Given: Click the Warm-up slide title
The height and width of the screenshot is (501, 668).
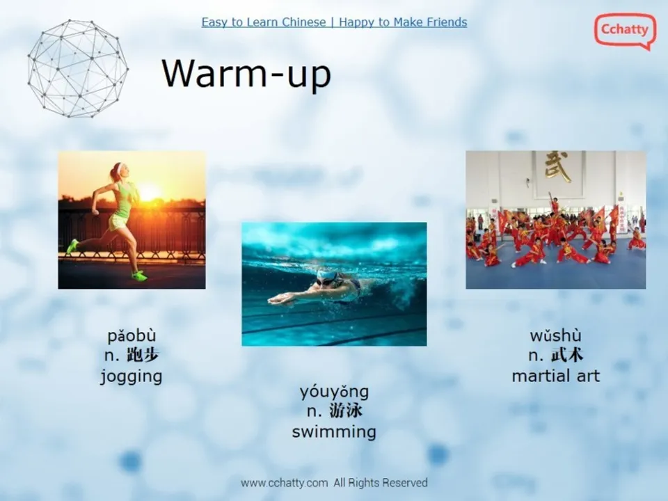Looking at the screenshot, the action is point(246,74).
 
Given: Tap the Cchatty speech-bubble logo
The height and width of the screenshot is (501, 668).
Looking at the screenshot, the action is point(625,31).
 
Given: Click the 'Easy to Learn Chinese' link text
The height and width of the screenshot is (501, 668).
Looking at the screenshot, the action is point(263,22).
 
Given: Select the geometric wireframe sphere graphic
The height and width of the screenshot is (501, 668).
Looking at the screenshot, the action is point(78,68).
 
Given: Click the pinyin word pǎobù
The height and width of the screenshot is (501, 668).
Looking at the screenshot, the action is point(132,336).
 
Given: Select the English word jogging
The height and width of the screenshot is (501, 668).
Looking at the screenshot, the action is point(132,376).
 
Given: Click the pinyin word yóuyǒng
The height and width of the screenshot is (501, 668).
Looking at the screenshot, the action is point(334,392).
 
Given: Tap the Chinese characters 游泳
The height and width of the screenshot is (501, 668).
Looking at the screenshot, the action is point(346,411).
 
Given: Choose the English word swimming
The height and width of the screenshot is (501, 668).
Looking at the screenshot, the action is point(334,432).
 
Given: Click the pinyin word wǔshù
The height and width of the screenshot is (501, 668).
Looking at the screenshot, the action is point(555,335).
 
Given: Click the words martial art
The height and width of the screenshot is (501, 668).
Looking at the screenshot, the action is point(555,376).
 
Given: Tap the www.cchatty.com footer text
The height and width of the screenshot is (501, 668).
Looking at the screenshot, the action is point(284,483).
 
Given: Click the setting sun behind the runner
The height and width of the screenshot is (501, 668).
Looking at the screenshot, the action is point(149,192).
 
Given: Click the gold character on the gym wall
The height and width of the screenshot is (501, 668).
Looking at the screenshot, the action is point(557,166).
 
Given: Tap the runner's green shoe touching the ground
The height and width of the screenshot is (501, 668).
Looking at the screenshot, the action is point(139,276).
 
